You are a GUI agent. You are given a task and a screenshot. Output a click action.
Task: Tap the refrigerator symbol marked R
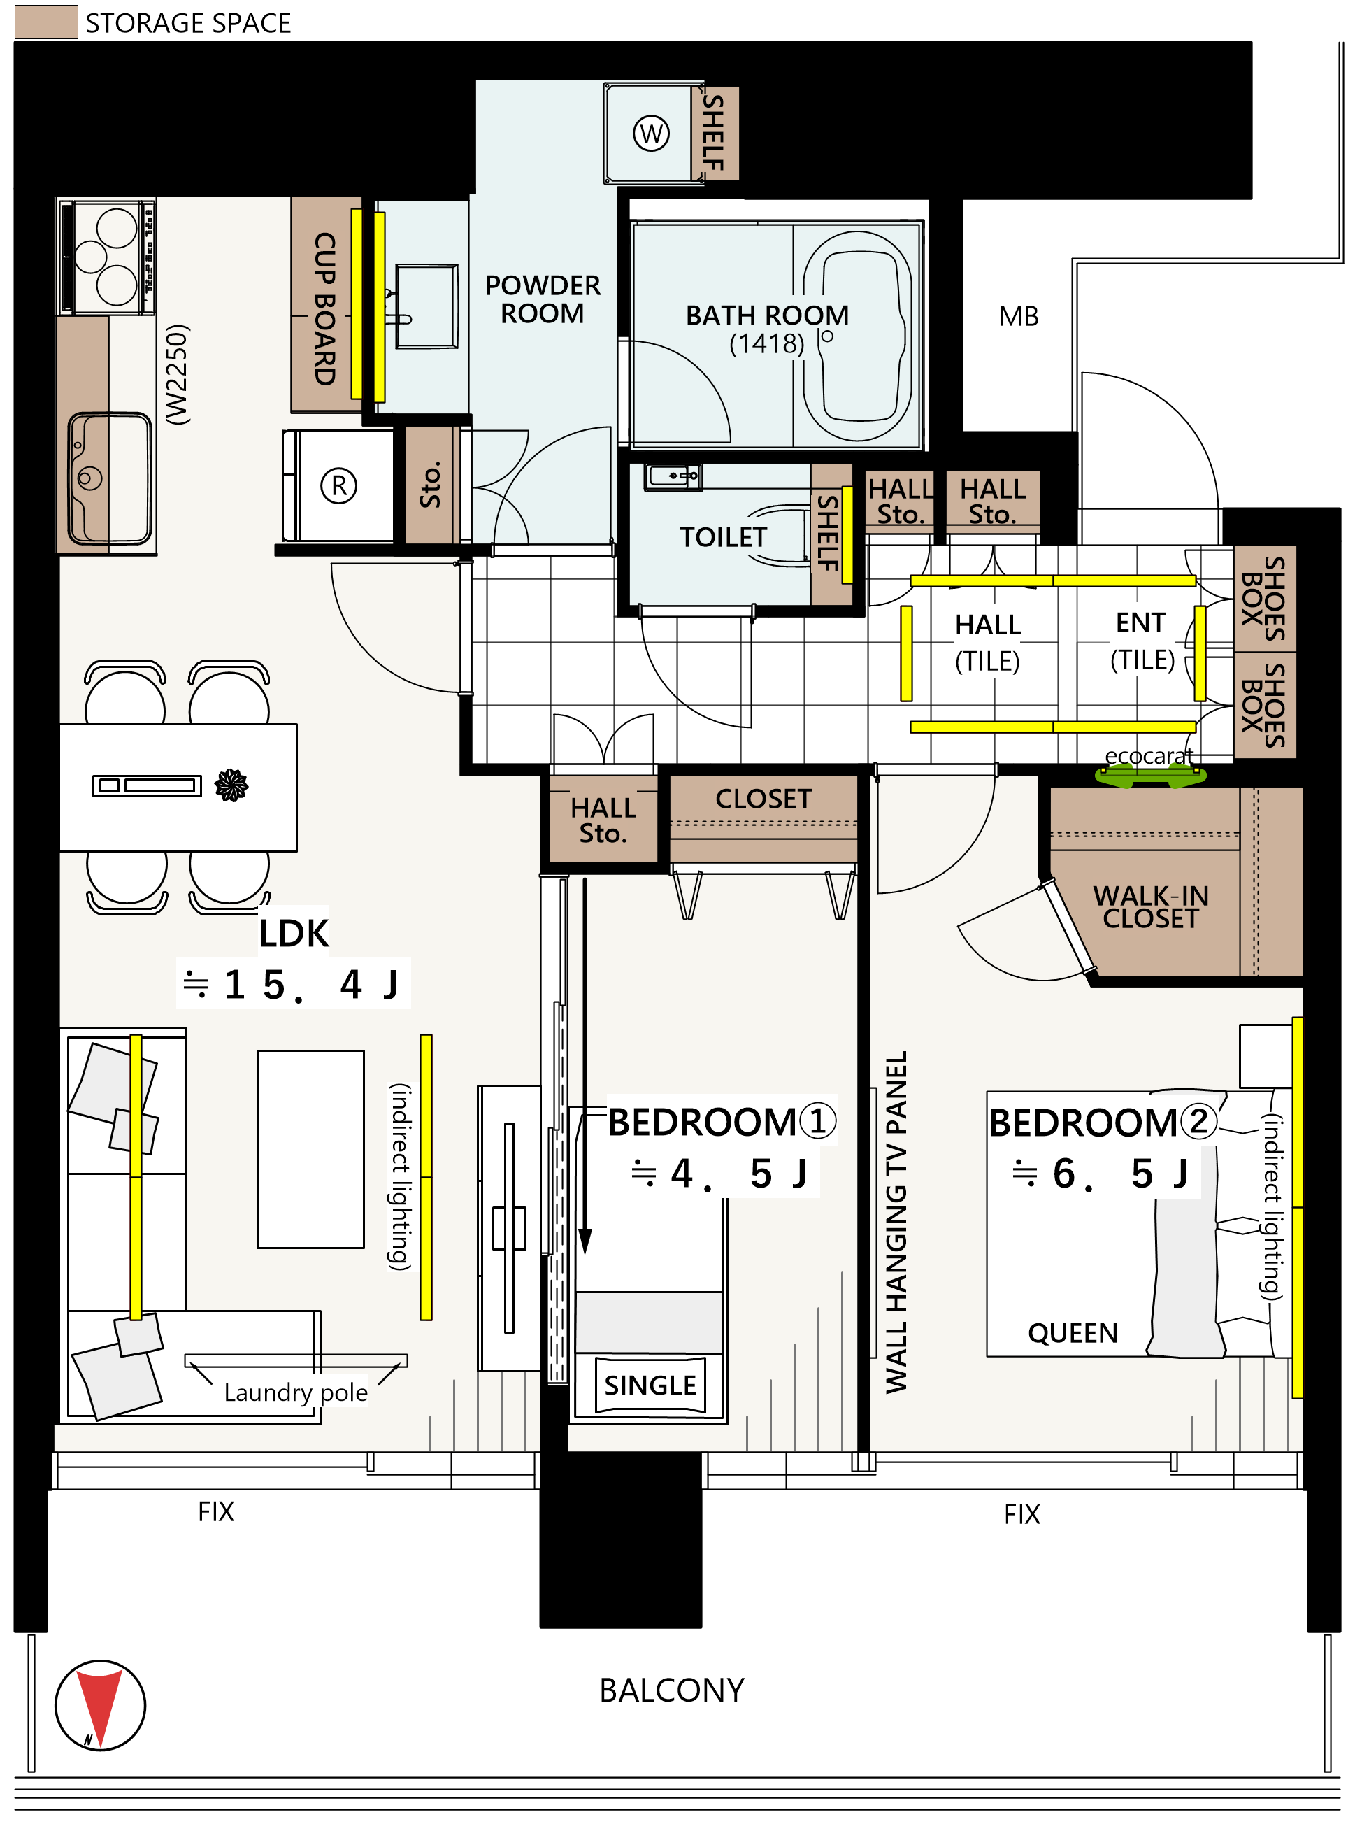click(x=338, y=485)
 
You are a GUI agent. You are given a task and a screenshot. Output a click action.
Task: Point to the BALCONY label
click(x=672, y=1690)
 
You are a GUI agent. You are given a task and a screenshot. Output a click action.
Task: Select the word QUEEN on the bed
click(x=1073, y=1333)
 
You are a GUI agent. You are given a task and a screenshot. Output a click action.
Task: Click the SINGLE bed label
click(x=650, y=1385)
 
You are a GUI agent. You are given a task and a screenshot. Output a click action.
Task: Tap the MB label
click(x=1019, y=316)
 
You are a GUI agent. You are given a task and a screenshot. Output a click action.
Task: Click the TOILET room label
click(x=723, y=537)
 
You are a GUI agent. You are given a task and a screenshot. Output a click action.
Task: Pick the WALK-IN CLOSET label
click(x=1151, y=906)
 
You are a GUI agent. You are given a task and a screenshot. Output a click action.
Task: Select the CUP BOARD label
click(x=326, y=308)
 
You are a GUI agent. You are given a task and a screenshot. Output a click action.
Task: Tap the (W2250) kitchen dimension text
click(x=177, y=374)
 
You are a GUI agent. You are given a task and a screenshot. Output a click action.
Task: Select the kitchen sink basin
click(x=110, y=479)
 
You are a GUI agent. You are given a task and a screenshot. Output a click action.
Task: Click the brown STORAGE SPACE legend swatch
click(x=47, y=22)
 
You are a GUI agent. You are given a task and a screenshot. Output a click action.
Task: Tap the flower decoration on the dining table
click(x=231, y=785)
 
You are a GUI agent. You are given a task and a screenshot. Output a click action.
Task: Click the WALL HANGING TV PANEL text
click(x=896, y=1223)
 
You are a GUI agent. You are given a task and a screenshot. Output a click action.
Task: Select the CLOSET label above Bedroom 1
click(x=763, y=799)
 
